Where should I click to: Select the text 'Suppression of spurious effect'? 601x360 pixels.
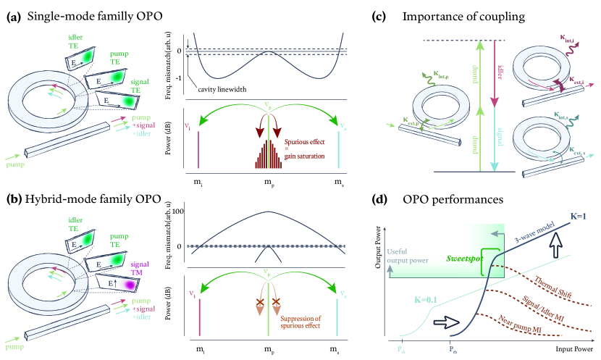point(303,319)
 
